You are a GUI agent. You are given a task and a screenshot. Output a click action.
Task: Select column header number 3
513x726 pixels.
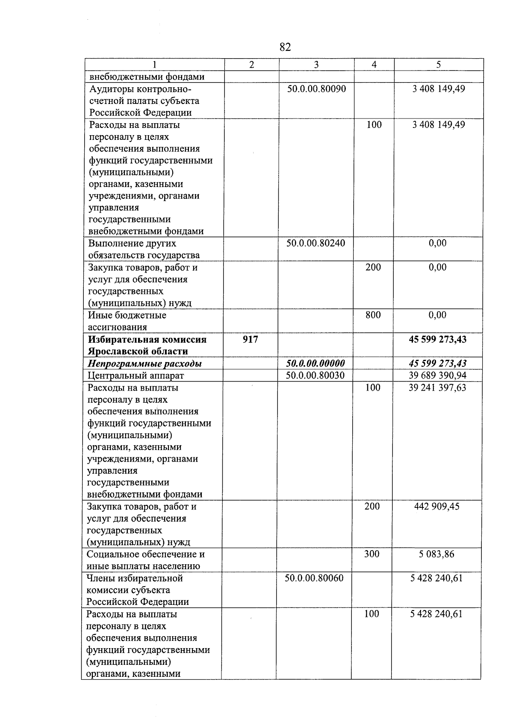coord(316,65)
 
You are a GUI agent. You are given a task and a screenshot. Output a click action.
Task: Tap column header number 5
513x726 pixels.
coord(439,65)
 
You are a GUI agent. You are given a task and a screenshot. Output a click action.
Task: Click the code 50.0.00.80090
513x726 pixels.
coord(316,89)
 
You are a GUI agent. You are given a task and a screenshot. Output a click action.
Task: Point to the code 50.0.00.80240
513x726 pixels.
coord(315,243)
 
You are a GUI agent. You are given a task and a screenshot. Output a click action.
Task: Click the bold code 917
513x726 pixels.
coord(251,339)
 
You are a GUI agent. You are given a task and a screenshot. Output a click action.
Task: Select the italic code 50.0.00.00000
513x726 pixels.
coord(315,364)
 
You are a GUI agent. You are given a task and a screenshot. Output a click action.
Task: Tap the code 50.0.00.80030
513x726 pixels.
coord(315,376)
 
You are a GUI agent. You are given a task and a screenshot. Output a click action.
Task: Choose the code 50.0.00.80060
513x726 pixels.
coord(314,578)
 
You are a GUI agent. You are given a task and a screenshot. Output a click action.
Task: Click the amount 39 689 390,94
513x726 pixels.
coord(437,376)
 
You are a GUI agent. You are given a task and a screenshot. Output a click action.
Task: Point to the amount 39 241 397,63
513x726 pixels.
coord(437,388)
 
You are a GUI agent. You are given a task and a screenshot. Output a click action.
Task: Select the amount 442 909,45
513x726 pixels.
coord(437,507)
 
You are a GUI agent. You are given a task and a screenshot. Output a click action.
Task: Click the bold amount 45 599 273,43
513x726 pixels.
coord(438,339)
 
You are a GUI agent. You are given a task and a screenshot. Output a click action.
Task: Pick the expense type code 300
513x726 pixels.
coord(371,554)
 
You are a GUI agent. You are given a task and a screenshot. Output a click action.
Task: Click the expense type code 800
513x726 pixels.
coord(373,315)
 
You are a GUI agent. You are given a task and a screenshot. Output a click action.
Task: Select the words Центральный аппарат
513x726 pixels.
coord(136,376)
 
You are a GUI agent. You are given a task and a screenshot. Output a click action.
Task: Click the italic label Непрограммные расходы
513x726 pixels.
coord(144,364)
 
